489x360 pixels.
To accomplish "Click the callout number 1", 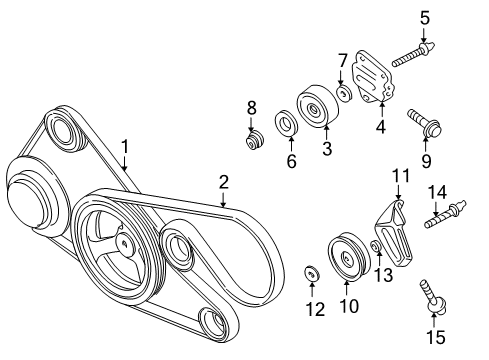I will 125,147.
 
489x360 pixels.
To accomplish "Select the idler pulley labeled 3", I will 317,107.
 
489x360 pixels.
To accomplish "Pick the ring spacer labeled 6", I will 283,128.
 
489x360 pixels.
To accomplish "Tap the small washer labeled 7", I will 343,93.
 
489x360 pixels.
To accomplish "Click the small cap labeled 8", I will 253,141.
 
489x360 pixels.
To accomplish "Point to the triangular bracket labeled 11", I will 394,233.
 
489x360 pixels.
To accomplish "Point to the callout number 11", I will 400,177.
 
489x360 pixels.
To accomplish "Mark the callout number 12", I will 313,311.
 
